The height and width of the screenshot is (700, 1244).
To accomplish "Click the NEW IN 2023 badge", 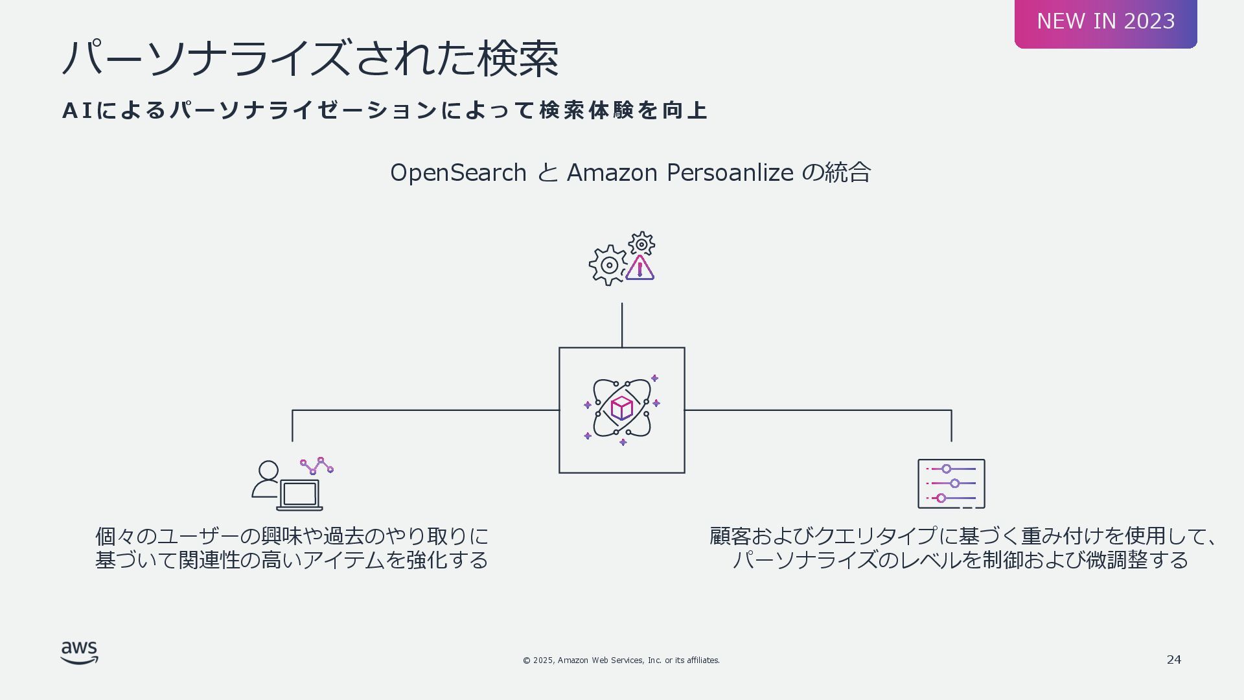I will [x=1105, y=22].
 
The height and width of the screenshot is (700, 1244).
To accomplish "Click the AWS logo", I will [x=80, y=653].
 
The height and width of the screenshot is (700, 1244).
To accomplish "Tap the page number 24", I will [x=1173, y=660].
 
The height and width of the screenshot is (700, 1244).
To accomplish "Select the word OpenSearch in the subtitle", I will [x=458, y=173].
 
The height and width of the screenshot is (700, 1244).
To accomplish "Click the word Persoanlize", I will [x=730, y=173].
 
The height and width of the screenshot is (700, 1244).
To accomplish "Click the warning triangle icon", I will [x=640, y=268].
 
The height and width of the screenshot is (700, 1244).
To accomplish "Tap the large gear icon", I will [x=608, y=265].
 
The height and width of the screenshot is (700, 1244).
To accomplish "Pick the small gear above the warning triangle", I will [x=641, y=244].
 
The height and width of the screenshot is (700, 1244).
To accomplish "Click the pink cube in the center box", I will [x=622, y=408].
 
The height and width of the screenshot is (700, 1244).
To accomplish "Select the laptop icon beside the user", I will [x=300, y=495].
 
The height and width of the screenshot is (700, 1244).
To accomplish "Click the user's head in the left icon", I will [x=268, y=470].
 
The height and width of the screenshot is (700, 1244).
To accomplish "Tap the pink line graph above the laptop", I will [x=317, y=465].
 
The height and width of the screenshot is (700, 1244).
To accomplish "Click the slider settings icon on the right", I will [x=951, y=484].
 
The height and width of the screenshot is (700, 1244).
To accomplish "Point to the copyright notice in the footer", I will [x=621, y=660].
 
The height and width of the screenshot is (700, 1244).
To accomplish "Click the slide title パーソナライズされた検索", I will [x=310, y=59].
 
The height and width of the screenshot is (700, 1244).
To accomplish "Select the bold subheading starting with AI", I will [x=385, y=111].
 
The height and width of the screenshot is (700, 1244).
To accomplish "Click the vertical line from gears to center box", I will [x=622, y=325].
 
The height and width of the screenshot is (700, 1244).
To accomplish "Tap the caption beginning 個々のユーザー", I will [x=292, y=548].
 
